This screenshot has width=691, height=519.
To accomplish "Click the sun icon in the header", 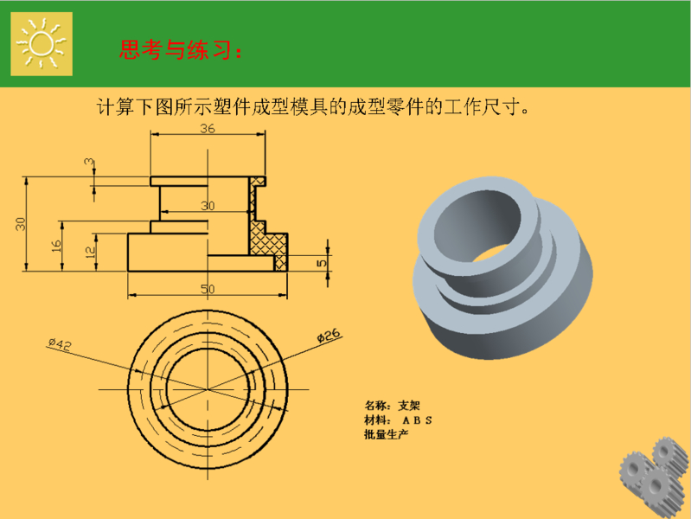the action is pyautogui.click(x=42, y=43).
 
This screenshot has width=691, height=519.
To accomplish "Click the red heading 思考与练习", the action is pyautogui.click(x=175, y=49).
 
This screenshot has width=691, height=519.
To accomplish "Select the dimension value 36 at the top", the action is pyautogui.click(x=208, y=128).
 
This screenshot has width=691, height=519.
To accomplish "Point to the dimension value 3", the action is pyautogui.click(x=89, y=162).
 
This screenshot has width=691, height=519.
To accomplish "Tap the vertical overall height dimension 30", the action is pyautogui.click(x=21, y=223).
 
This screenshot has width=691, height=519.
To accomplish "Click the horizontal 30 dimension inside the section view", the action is pyautogui.click(x=208, y=206).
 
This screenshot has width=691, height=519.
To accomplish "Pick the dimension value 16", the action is pyautogui.click(x=56, y=246).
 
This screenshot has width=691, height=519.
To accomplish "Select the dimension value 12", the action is pyautogui.click(x=90, y=252).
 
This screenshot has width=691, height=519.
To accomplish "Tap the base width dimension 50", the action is pyautogui.click(x=208, y=289).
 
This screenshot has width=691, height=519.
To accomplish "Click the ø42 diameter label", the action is pyautogui.click(x=60, y=344).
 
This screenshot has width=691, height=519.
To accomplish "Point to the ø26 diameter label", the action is pyautogui.click(x=329, y=336).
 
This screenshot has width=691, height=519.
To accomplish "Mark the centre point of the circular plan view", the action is pyautogui.click(x=208, y=389).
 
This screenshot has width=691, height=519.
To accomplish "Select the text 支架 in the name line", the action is pyautogui.click(x=409, y=405).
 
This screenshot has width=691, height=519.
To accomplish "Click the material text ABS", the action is pyautogui.click(x=417, y=420).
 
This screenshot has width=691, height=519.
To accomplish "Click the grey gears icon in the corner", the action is pyautogui.click(x=654, y=477).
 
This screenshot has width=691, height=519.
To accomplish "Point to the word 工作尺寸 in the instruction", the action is pyautogui.click(x=480, y=106).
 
